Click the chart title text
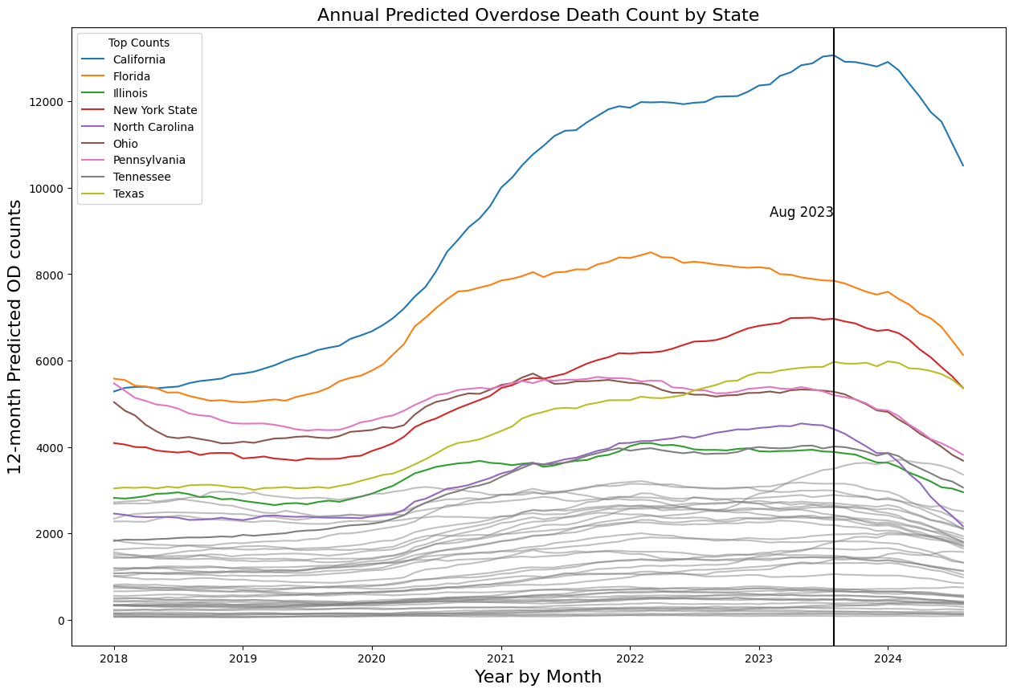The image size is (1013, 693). point(538,15)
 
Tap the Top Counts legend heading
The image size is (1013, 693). point(139,43)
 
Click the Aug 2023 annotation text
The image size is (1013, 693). point(801,213)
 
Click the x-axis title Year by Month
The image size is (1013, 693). point(538,677)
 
